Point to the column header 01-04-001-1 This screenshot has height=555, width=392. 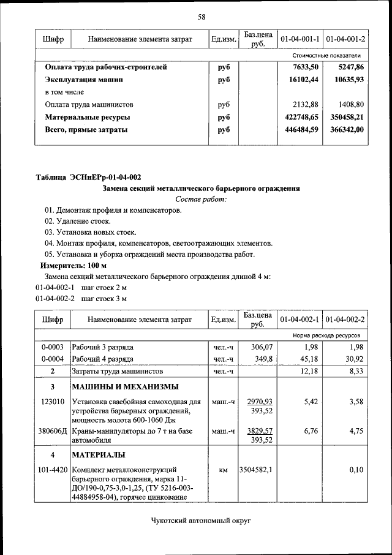coord(300,39)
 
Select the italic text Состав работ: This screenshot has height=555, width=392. coord(201,199)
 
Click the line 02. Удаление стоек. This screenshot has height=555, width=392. coord(77,221)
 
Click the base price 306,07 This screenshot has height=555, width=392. coord(258,348)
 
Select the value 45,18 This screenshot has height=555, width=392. coord(306,359)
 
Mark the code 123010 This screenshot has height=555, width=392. coord(53,402)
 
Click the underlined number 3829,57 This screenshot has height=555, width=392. coord(259,431)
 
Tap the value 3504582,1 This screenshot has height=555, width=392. coord(256,470)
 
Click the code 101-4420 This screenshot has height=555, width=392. coord(52,470)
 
